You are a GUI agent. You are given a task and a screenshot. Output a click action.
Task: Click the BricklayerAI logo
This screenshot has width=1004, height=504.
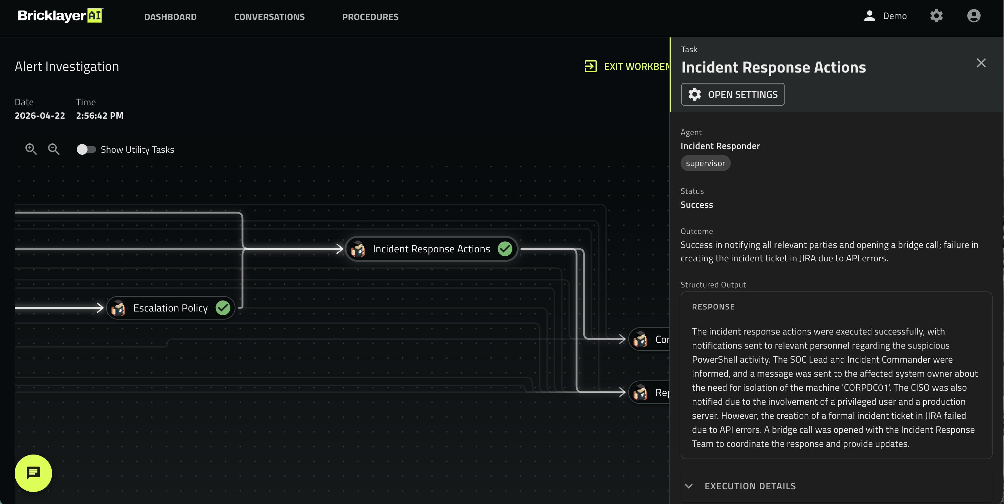pyautogui.click(x=60, y=16)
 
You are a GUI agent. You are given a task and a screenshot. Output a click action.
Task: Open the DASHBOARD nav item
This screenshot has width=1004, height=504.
pyautogui.click(x=170, y=17)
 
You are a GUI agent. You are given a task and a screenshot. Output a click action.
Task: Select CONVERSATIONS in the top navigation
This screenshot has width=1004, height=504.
pyautogui.click(x=269, y=17)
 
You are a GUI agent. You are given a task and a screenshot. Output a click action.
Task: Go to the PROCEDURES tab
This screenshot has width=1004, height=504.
pyautogui.click(x=370, y=17)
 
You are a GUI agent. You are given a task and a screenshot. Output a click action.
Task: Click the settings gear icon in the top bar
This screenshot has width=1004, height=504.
pyautogui.click(x=936, y=16)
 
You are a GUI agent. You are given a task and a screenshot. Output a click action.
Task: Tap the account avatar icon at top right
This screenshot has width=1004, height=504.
pyautogui.click(x=974, y=16)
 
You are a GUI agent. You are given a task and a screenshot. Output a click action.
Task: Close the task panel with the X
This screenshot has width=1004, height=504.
pyautogui.click(x=981, y=63)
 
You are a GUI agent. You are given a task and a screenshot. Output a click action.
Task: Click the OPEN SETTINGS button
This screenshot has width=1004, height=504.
pyautogui.click(x=733, y=94)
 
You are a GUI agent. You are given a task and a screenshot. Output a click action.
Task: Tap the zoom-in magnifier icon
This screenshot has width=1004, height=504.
pyautogui.click(x=31, y=149)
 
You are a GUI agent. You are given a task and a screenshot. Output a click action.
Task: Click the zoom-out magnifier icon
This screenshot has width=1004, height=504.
pyautogui.click(x=54, y=149)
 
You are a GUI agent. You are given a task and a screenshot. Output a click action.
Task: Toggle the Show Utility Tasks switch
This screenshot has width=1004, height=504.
pyautogui.click(x=86, y=149)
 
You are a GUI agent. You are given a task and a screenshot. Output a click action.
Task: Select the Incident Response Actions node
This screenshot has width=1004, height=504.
pyautogui.click(x=432, y=249)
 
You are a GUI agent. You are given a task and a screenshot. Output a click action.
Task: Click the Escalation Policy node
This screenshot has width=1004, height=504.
pyautogui.click(x=171, y=308)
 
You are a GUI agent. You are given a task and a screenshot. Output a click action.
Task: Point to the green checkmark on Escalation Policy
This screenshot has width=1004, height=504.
pyautogui.click(x=223, y=308)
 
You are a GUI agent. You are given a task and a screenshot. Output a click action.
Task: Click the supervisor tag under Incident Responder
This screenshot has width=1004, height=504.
pyautogui.click(x=705, y=163)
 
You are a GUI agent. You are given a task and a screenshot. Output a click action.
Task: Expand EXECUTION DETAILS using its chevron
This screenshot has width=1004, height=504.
pyautogui.click(x=689, y=486)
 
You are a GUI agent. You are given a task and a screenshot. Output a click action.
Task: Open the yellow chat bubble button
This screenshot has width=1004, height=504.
pyautogui.click(x=33, y=473)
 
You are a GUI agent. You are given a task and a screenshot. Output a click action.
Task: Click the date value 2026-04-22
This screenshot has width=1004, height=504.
pyautogui.click(x=40, y=115)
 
